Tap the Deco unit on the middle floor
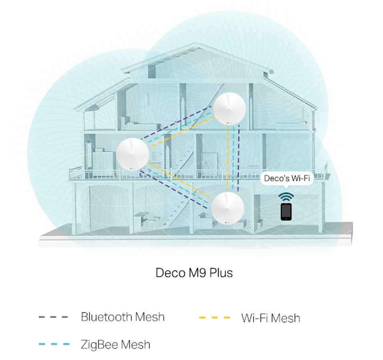[132, 155]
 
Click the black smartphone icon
[286, 211]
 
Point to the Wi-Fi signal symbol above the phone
[286, 197]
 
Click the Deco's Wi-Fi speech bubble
[287, 178]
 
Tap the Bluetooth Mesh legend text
[122, 317]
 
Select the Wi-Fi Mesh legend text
[271, 318]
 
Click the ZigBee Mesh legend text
[115, 344]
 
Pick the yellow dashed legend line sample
[215, 318]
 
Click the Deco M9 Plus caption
[194, 273]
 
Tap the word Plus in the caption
[220, 273]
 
